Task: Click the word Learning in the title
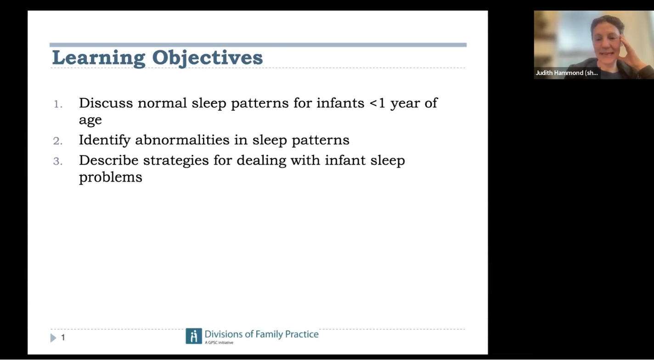click(x=99, y=58)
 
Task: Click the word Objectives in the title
click(x=207, y=58)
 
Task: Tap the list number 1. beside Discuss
click(x=58, y=104)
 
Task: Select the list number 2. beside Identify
click(x=58, y=141)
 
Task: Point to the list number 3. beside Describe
click(x=58, y=161)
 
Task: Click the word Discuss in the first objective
click(x=106, y=103)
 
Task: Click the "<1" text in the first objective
click(x=377, y=103)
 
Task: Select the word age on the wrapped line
click(x=90, y=120)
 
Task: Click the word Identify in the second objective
click(x=105, y=141)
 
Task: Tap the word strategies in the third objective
click(x=176, y=161)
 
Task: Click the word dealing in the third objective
click(x=261, y=161)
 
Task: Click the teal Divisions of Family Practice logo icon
click(x=193, y=336)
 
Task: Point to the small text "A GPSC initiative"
click(x=219, y=343)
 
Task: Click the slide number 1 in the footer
click(x=63, y=337)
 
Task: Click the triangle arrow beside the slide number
click(x=53, y=338)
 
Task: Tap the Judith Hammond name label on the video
click(x=567, y=73)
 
